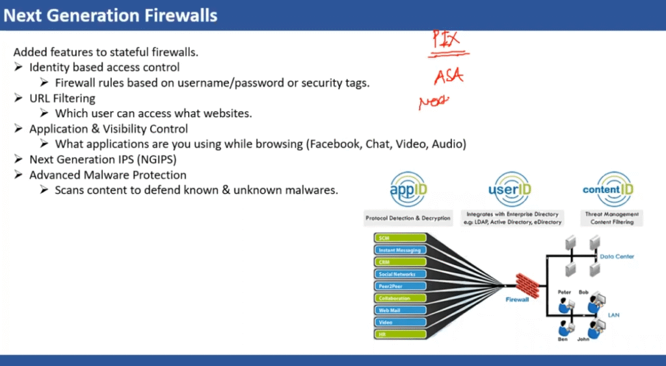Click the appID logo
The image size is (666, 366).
pos(408,190)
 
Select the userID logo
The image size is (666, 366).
pos(509,190)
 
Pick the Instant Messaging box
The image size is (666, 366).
pos(399,250)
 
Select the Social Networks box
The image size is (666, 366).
pos(399,274)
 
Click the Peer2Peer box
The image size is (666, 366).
pos(399,286)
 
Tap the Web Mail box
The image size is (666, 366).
pos(399,310)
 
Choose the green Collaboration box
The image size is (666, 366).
pos(399,298)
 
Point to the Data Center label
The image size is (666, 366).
pos(617,257)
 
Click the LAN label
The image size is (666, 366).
pos(613,315)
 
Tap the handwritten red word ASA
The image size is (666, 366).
pos(449,77)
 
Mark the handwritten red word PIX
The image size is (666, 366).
pos(447,39)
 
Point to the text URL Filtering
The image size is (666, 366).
pos(62,98)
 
